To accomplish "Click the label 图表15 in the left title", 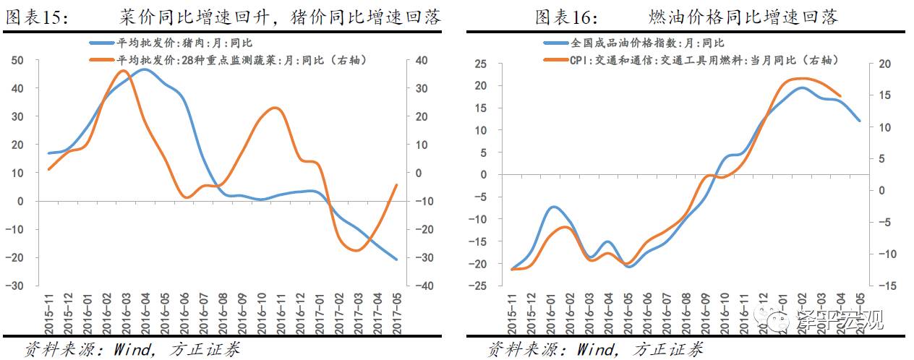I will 37,17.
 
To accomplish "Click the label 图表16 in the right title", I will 564,17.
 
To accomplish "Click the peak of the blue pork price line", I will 143,69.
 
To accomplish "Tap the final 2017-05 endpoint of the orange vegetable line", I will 396,185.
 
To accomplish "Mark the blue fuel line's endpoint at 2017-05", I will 860,121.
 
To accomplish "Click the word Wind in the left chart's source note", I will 132,349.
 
